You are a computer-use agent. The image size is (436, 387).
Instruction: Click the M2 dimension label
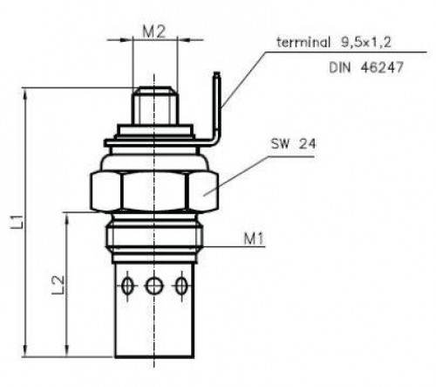point(154,31)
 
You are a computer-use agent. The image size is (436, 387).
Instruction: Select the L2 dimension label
point(58,285)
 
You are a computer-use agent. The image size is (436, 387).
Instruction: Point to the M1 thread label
point(254,238)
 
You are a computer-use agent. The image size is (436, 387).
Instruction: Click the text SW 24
point(293,144)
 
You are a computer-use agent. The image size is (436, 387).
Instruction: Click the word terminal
point(303,42)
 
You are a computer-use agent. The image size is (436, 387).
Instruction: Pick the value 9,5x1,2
point(366,43)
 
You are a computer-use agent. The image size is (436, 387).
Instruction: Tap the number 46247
point(382,68)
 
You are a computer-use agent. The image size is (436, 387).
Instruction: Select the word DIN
point(340,68)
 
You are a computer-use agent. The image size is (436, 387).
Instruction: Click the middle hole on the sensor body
point(154,286)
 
